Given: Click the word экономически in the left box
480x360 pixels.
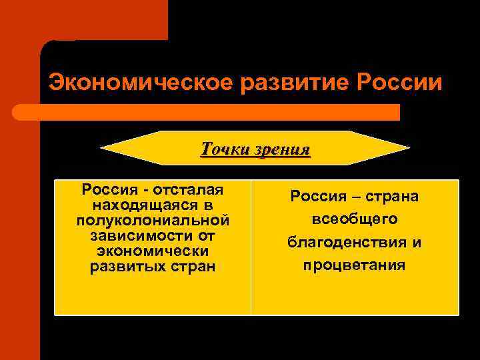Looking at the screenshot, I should [153, 251].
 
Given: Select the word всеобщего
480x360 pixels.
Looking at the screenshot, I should [355, 219].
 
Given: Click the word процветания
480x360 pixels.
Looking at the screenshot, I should [355, 265].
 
